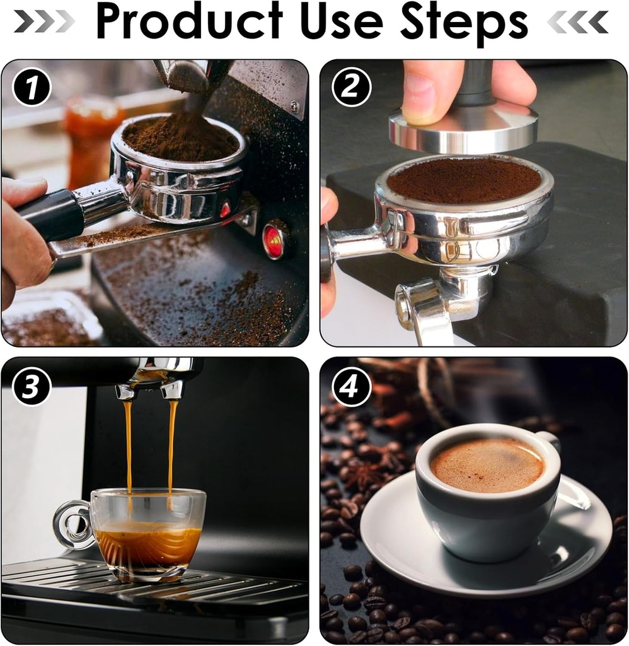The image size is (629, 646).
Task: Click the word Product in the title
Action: coord(188,23)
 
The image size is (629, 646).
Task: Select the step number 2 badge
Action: coord(350,88)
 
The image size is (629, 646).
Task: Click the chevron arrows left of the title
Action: coord(43,22)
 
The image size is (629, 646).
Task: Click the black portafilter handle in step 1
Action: coord(50,214)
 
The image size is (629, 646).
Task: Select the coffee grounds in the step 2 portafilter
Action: coord(464,179)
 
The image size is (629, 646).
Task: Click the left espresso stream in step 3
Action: coord(129,442)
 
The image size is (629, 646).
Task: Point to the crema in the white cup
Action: coord(487,466)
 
